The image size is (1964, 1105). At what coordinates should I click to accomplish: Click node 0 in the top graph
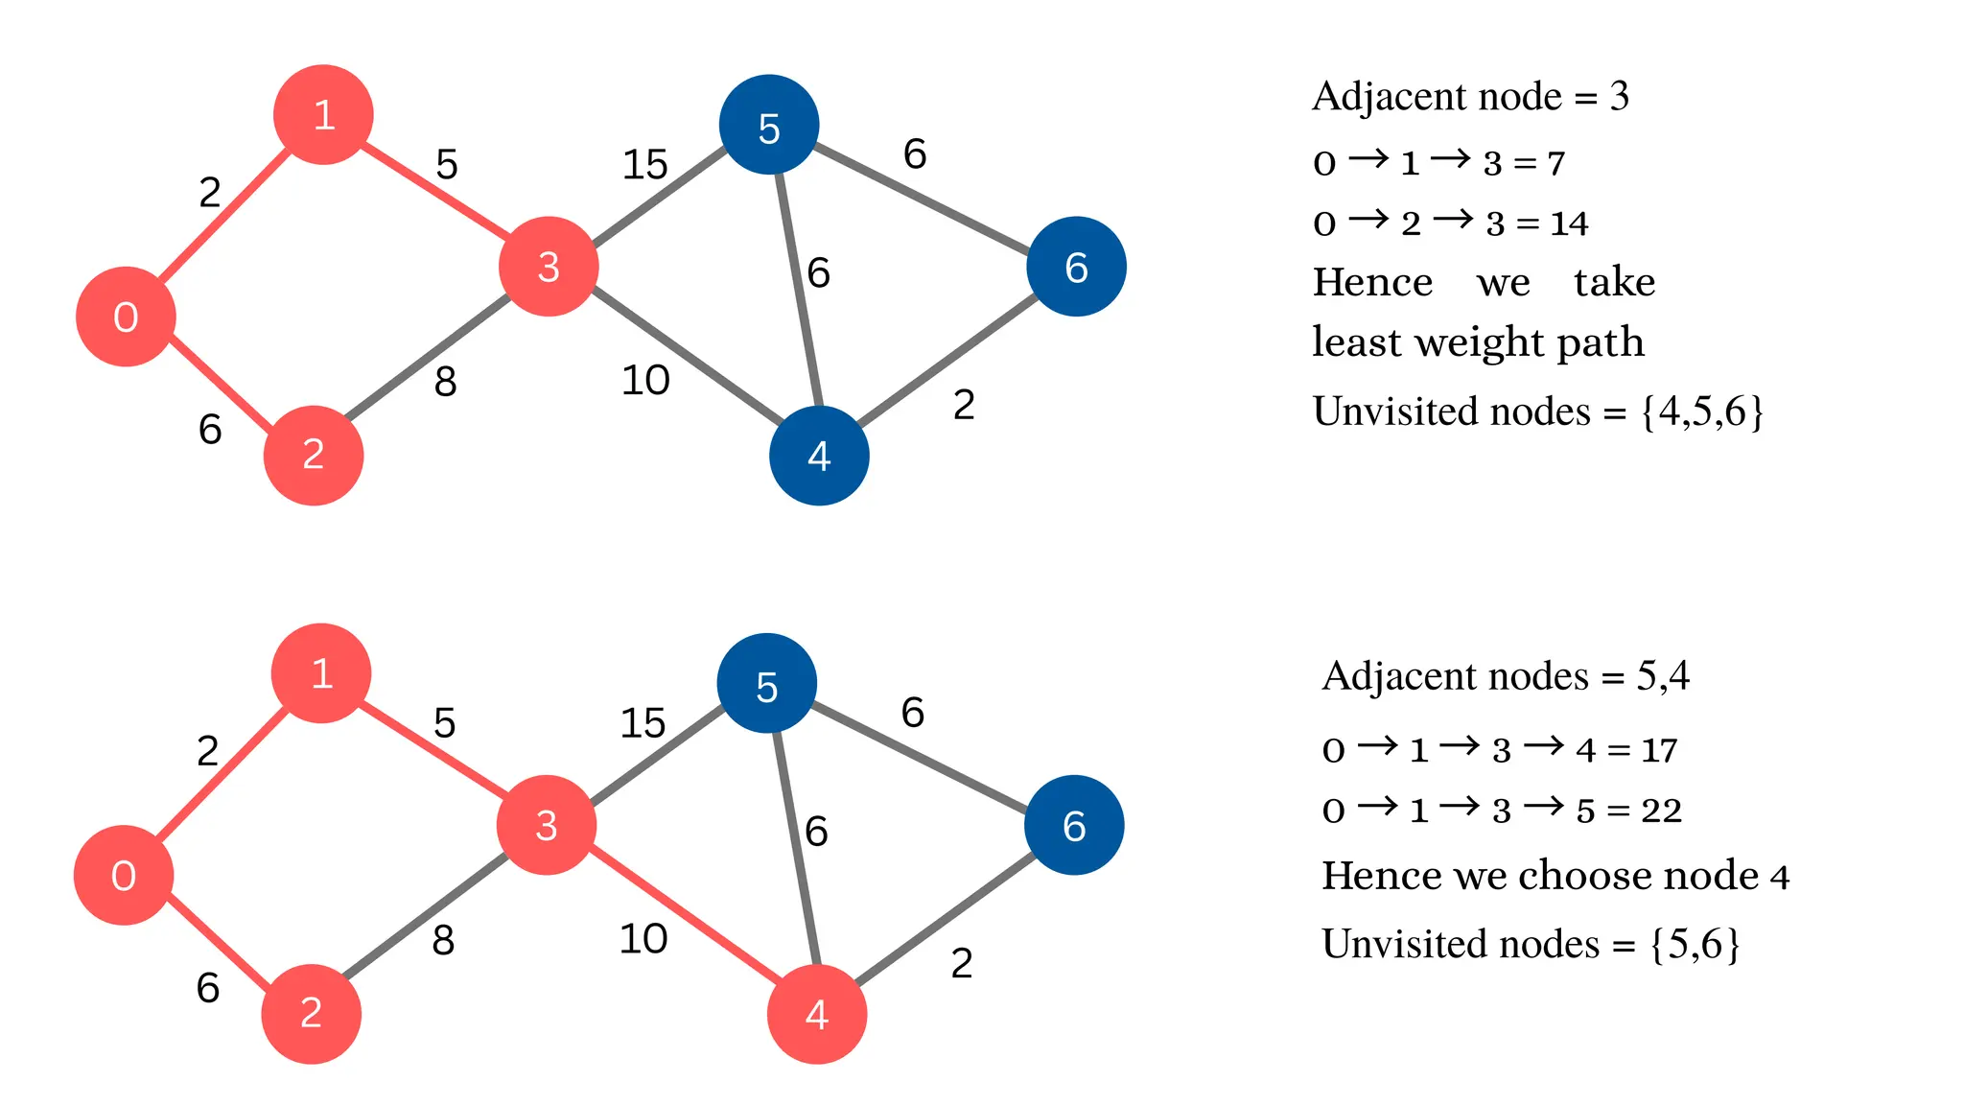[x=126, y=317]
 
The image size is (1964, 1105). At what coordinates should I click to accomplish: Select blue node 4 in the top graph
[x=819, y=456]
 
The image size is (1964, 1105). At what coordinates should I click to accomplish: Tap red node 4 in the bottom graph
[x=817, y=1014]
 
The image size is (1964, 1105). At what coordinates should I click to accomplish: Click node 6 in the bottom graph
[x=1074, y=825]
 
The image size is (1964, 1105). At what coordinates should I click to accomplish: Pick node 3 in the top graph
[x=549, y=267]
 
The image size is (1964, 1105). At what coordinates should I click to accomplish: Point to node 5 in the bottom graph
[x=767, y=684]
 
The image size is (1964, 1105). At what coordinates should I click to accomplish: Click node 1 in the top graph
[x=323, y=115]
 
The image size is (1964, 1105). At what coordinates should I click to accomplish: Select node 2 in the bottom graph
[x=311, y=1014]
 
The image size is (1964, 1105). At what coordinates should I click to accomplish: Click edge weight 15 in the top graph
[x=644, y=165]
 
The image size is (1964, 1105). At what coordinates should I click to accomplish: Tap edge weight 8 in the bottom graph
[x=443, y=941]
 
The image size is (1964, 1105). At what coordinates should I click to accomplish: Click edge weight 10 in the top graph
[x=645, y=381]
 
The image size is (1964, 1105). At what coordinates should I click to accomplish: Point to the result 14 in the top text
[x=1570, y=223]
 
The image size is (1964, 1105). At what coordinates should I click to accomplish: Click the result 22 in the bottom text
[x=1661, y=811]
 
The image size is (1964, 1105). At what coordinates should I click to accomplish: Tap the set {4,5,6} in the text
[x=1701, y=411]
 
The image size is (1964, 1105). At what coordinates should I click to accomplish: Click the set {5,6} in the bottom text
[x=1695, y=945]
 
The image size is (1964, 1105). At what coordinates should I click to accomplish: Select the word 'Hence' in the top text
[x=1372, y=283]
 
